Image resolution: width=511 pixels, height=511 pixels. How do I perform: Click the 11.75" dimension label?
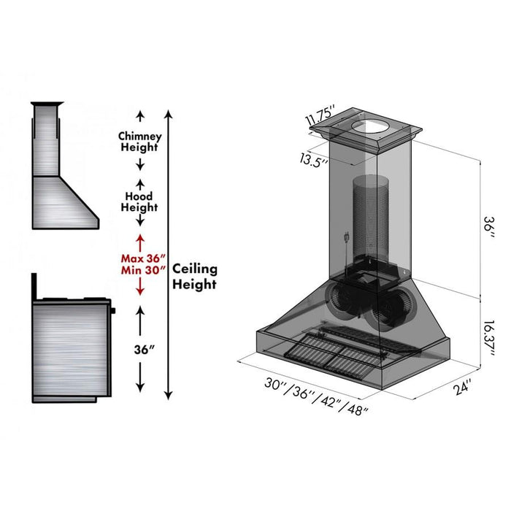click(x=320, y=116)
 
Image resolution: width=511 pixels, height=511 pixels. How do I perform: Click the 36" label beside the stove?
click(x=140, y=350)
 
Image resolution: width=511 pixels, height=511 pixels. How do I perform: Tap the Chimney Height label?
click(x=139, y=142)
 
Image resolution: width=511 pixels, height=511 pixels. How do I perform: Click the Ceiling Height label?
click(x=195, y=277)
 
